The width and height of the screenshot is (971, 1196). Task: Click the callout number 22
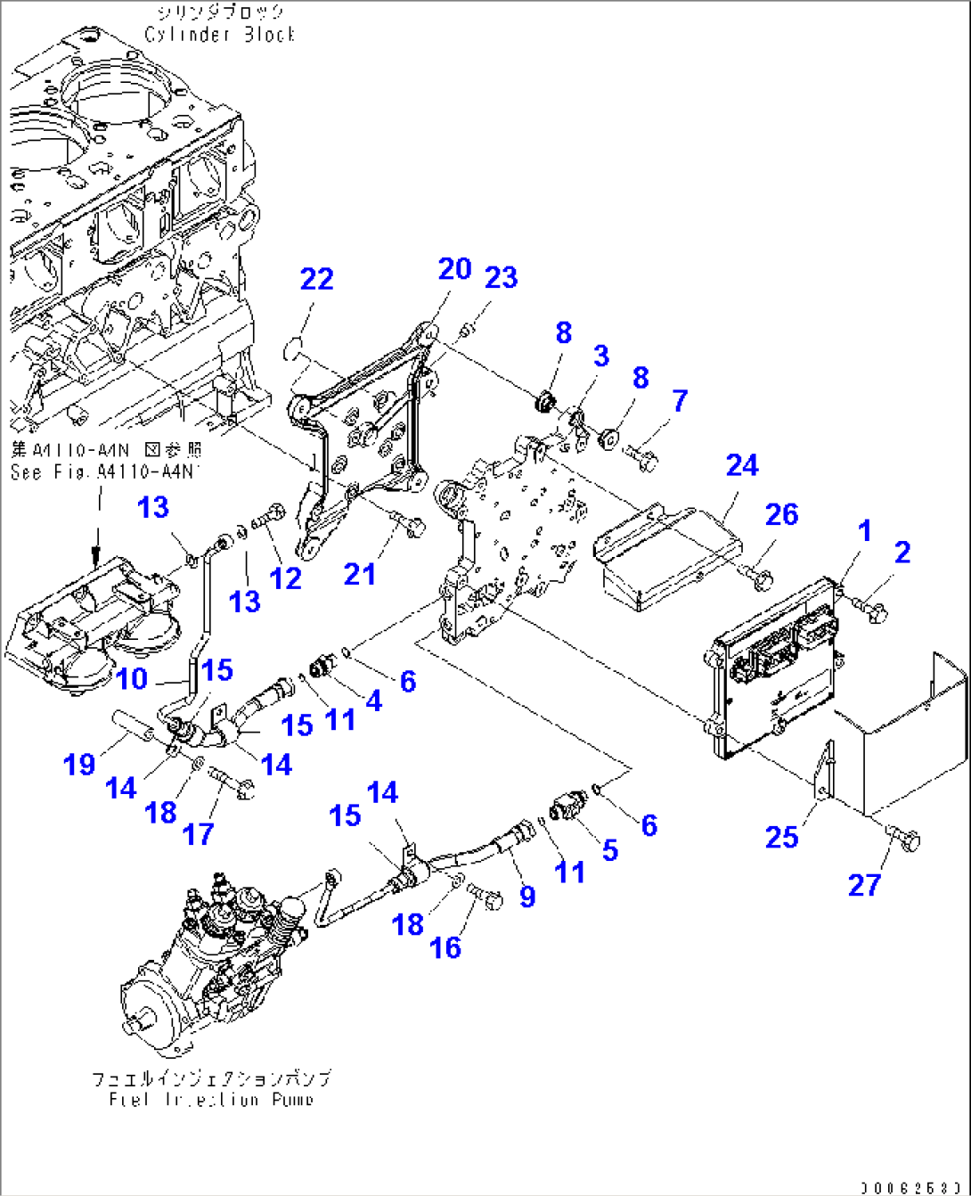(x=316, y=279)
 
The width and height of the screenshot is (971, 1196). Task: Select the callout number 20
(x=454, y=268)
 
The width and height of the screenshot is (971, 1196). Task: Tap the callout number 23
(x=501, y=277)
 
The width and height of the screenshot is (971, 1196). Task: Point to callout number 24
(x=741, y=465)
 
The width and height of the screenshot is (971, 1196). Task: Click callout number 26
(x=781, y=514)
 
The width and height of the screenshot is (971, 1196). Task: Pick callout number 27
(x=863, y=885)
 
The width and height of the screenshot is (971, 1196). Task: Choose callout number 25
(x=781, y=837)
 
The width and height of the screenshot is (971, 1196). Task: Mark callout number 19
(x=79, y=764)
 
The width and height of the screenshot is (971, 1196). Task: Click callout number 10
(x=132, y=679)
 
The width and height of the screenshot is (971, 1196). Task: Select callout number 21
(x=360, y=574)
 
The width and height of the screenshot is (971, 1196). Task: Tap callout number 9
(x=527, y=896)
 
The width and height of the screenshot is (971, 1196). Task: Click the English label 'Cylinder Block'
(x=219, y=35)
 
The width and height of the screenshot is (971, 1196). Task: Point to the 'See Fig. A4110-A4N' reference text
(x=105, y=471)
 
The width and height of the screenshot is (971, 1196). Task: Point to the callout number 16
(x=445, y=947)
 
